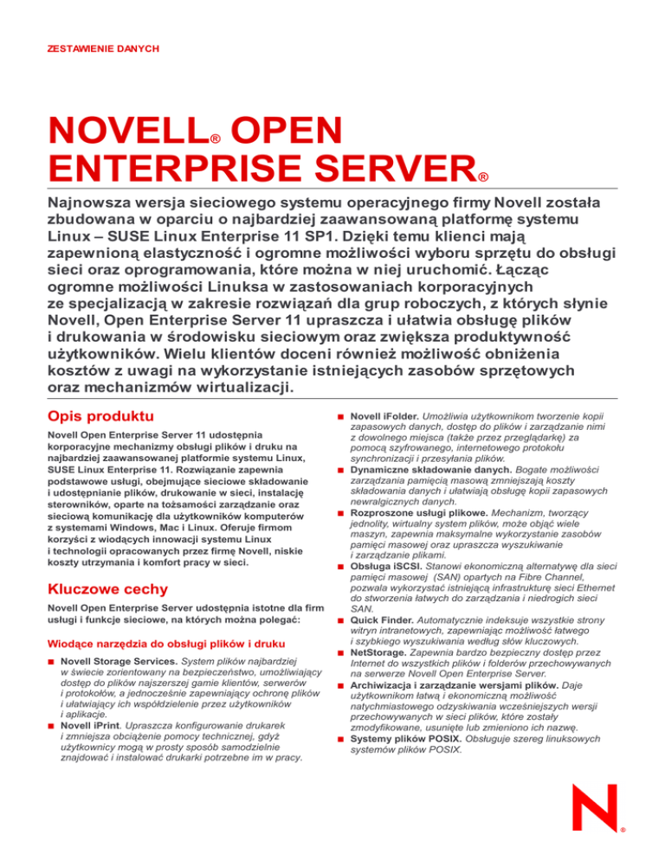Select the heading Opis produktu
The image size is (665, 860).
pos(101,416)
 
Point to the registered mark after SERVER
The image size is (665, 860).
pos(483,178)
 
